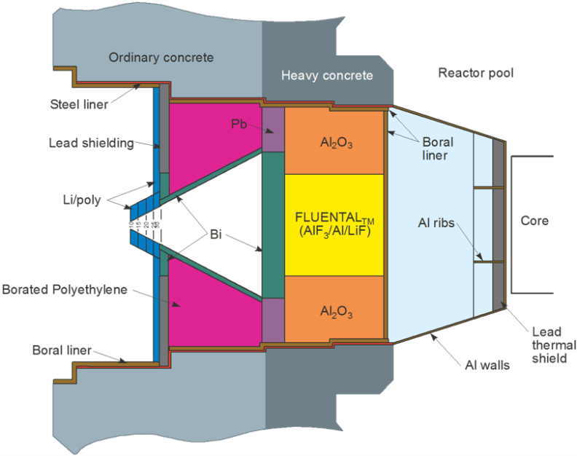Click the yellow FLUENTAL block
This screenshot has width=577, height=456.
[334, 225]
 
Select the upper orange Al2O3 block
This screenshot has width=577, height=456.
[334, 143]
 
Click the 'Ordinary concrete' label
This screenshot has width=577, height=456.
[161, 58]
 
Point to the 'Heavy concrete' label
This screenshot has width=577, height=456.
[327, 75]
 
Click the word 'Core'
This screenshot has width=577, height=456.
[535, 221]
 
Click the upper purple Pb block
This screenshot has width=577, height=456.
[272, 130]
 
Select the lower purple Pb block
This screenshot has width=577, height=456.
[272, 320]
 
